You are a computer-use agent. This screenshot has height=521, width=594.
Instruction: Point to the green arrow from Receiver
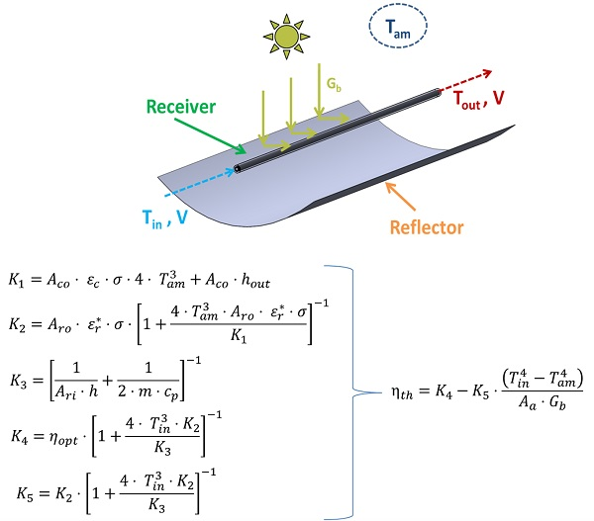[x=228, y=137]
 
